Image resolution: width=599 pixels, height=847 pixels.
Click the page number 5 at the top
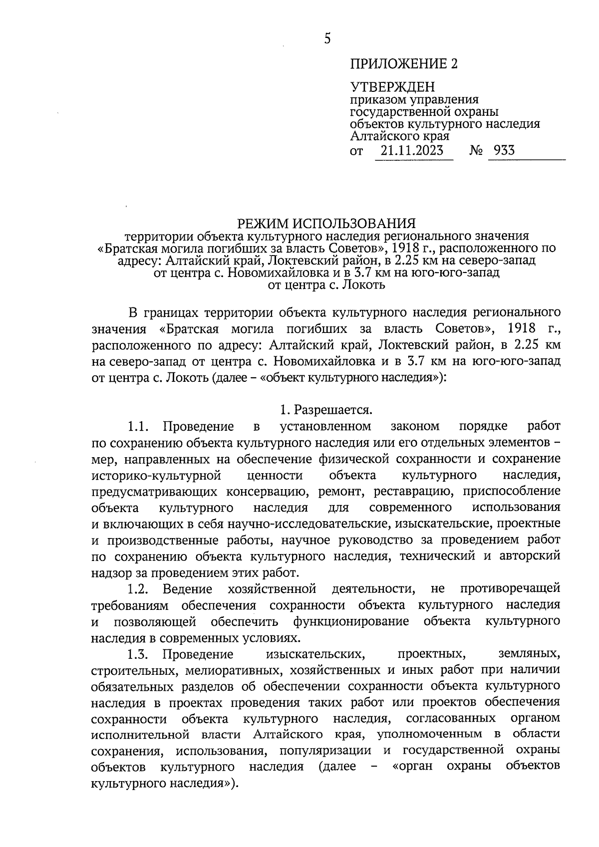coord(327,38)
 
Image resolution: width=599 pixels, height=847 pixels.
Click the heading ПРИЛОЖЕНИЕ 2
coord(403,64)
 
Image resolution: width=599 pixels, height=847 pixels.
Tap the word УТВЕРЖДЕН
coord(392,88)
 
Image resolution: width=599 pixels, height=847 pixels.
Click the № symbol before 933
coord(476,150)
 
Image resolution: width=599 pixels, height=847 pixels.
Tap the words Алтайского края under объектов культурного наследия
coord(399,136)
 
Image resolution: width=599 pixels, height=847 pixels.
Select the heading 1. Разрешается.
coord(326,410)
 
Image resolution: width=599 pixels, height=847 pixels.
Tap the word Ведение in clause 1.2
coord(188,589)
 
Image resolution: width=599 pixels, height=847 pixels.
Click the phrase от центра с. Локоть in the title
coord(326,285)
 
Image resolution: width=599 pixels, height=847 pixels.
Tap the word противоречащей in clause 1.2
coord(510,589)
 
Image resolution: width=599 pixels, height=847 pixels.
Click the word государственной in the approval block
coord(400,112)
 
